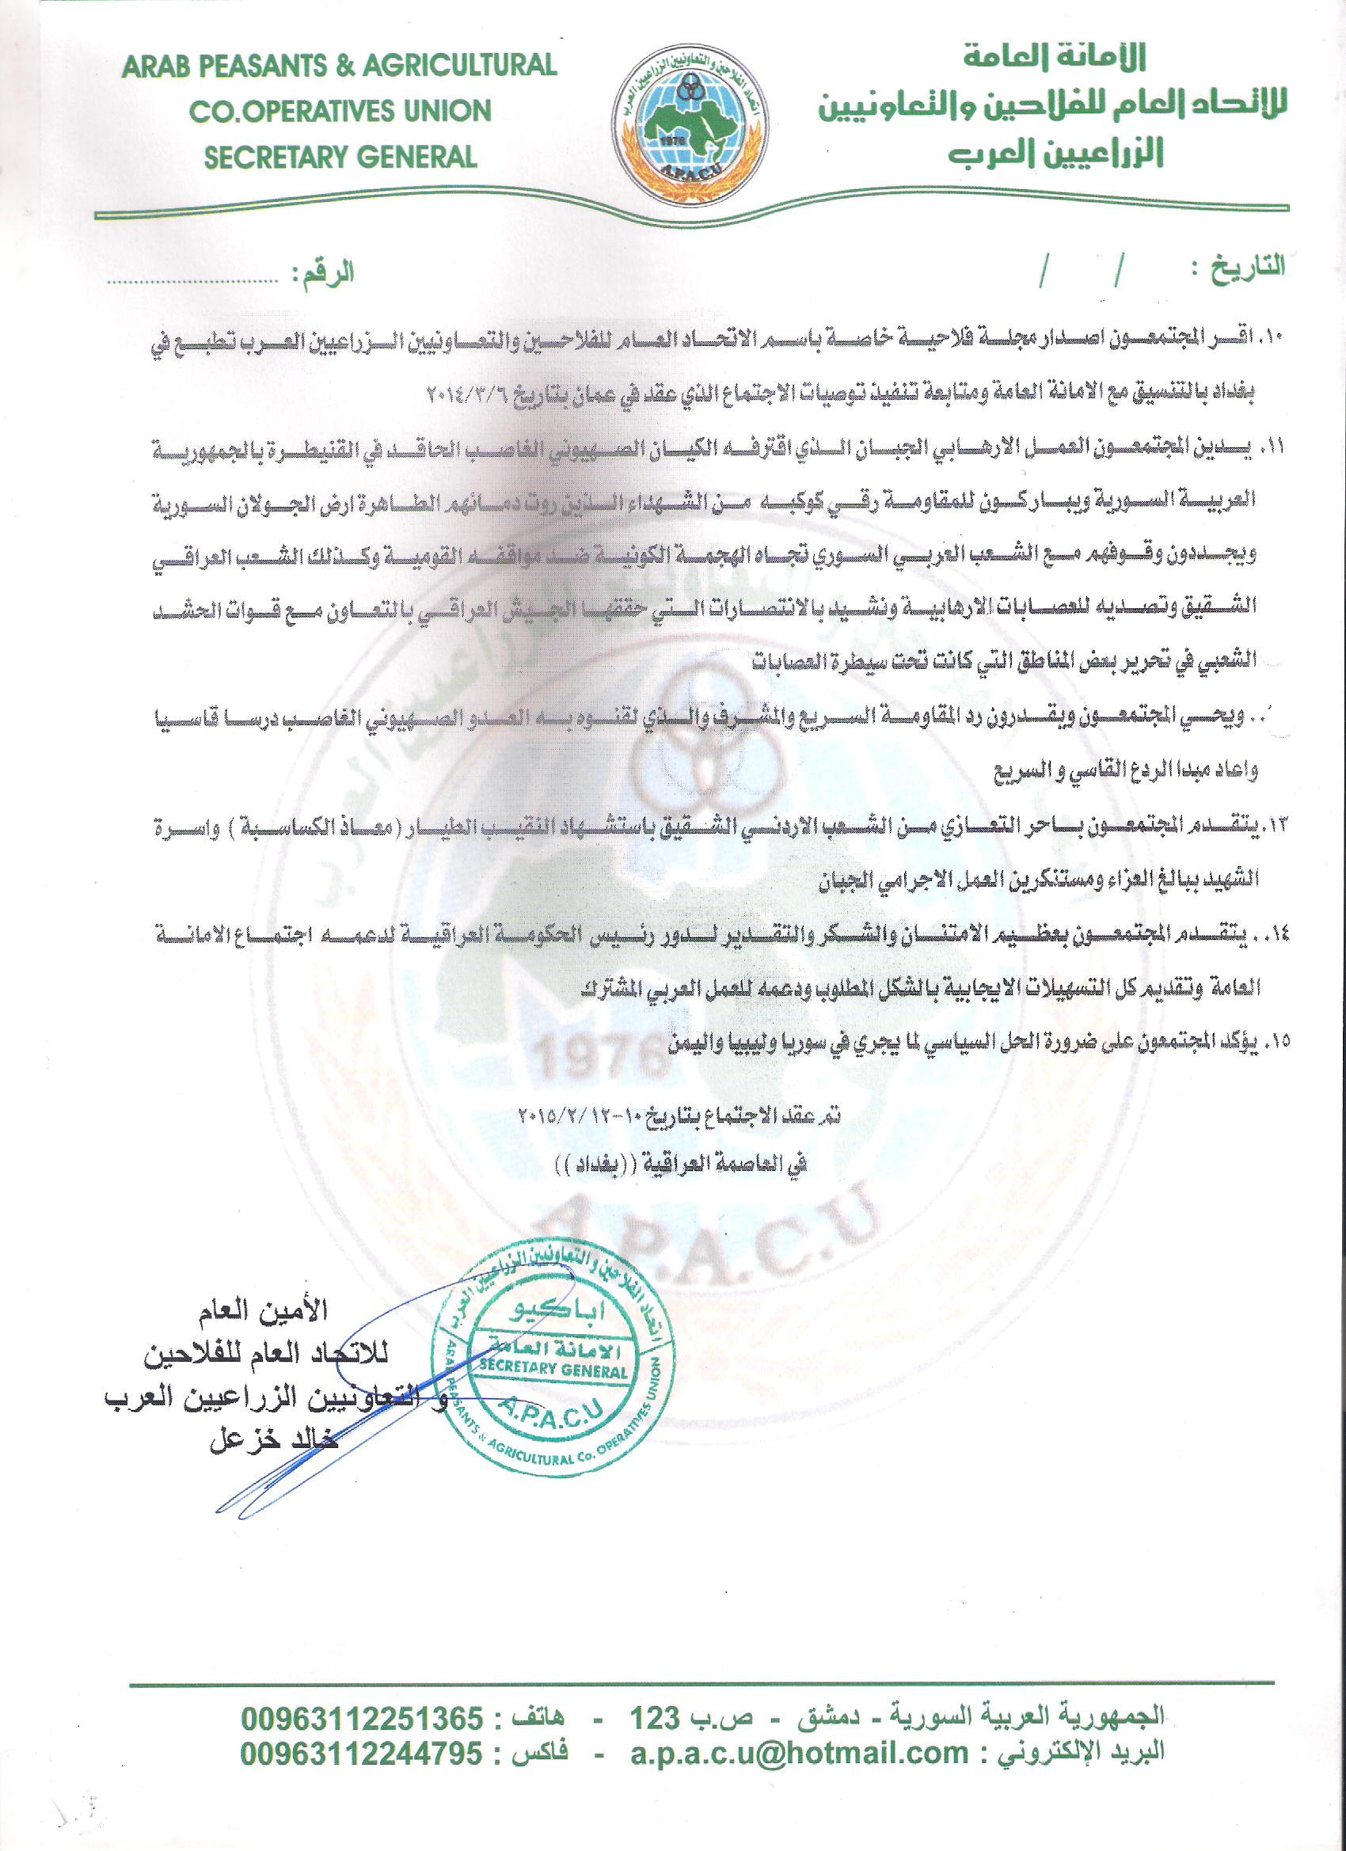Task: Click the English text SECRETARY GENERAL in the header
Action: click(340, 156)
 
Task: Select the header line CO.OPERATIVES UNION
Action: click(340, 112)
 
